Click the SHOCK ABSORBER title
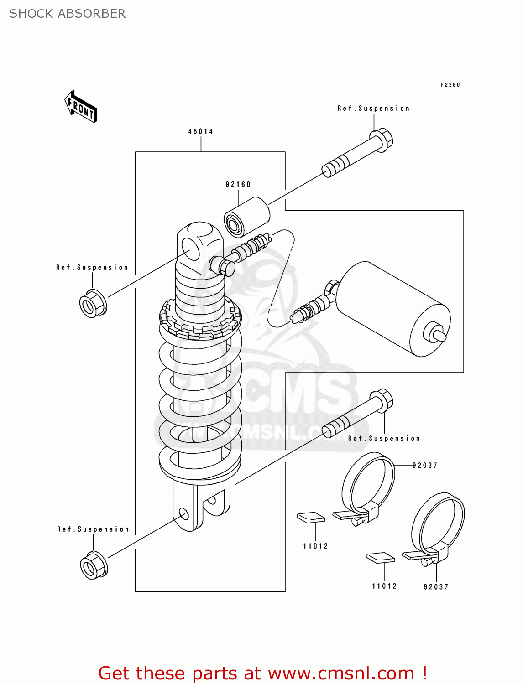(68, 14)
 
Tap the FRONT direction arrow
(81, 107)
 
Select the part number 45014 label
(200, 131)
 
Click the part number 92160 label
(238, 184)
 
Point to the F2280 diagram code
(450, 84)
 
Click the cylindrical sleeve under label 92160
(247, 217)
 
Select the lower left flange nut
(94, 566)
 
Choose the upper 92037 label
(424, 466)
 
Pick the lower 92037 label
(436, 587)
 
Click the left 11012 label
(315, 546)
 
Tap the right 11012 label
(384, 586)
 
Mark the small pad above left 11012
(311, 517)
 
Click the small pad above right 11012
(381, 557)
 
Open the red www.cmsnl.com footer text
(262, 673)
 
